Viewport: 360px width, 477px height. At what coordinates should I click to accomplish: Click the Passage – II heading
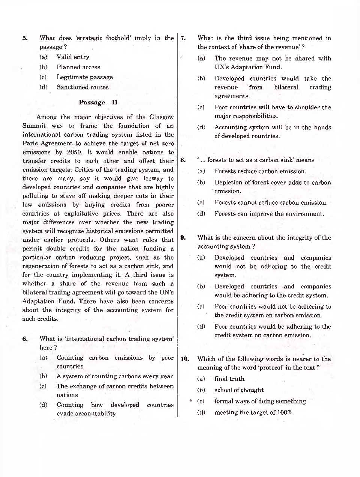point(98,103)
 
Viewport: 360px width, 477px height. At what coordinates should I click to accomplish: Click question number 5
point(25,38)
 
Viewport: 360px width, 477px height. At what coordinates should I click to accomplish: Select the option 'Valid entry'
point(73,57)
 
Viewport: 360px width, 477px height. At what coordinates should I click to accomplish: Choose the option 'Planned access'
point(78,67)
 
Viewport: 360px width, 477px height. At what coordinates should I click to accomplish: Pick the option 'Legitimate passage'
point(84,77)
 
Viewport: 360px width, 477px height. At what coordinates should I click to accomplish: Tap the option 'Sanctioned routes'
point(82,87)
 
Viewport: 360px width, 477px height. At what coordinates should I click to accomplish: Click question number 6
point(25,339)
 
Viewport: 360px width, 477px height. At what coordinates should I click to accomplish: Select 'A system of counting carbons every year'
point(114,376)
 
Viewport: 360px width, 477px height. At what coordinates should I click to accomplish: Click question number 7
point(183,38)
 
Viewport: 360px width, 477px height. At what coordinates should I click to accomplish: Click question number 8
point(183,160)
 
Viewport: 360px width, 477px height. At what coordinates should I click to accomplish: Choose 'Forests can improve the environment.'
point(269,214)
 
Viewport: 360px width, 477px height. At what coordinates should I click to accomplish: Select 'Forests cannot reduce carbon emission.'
point(271,203)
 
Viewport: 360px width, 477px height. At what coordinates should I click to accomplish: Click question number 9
point(183,238)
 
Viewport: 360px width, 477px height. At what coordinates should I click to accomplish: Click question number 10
point(184,359)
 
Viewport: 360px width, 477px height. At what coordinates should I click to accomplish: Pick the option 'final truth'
point(229,379)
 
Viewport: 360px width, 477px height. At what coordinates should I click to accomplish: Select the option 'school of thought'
point(239,390)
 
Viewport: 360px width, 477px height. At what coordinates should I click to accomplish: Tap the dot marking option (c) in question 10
point(191,401)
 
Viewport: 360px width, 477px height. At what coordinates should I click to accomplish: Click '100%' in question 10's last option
point(285,412)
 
